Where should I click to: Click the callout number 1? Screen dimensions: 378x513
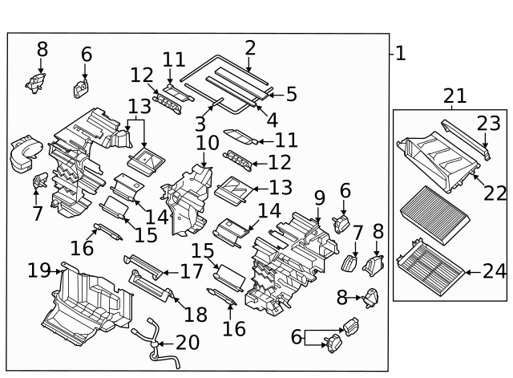pyautogui.click(x=400, y=54)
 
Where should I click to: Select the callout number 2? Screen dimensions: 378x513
pyautogui.click(x=250, y=47)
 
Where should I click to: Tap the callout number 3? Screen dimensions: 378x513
pyautogui.click(x=200, y=124)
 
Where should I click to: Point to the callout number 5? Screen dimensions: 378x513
pyautogui.click(x=290, y=94)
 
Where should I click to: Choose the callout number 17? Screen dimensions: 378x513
pyautogui.click(x=192, y=271)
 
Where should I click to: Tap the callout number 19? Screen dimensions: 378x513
pyautogui.click(x=38, y=270)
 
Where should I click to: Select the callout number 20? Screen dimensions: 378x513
pyautogui.click(x=187, y=343)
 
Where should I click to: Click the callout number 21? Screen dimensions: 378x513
pyautogui.click(x=454, y=96)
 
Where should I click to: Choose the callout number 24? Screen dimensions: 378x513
pyautogui.click(x=495, y=271)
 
